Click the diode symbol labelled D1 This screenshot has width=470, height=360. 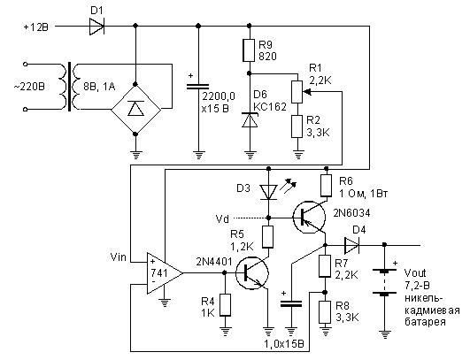(96, 27)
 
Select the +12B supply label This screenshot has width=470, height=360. (35, 27)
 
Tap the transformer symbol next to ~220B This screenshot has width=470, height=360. (70, 87)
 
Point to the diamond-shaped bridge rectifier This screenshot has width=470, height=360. (135, 110)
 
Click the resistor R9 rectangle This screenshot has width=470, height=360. (249, 50)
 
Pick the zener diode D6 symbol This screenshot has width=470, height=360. (250, 119)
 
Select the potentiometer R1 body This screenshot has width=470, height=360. (297, 92)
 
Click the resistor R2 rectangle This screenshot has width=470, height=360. (297, 126)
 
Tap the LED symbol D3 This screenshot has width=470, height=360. (268, 192)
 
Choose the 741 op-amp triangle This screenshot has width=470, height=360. (164, 273)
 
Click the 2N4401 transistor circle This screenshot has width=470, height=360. (252, 273)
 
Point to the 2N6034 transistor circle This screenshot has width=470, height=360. (309, 217)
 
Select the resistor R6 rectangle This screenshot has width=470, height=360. (326, 186)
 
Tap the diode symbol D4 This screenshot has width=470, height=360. (351, 245)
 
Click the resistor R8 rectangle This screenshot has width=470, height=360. (325, 312)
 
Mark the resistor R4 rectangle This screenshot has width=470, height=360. (225, 305)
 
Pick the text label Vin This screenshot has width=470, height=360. (119, 257)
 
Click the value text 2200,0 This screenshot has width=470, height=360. (219, 96)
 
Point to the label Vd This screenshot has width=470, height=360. (222, 219)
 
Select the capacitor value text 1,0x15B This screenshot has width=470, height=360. (284, 344)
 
